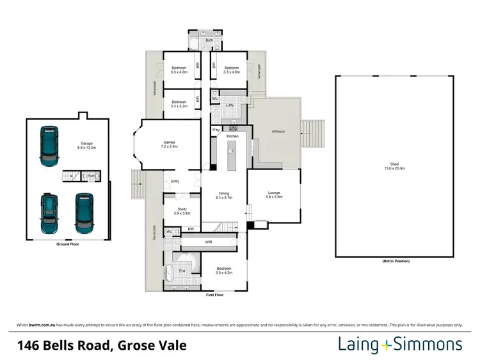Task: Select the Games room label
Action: coord(170,145)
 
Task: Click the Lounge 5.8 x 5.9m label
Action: coord(273,197)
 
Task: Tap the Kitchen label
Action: coord(232,136)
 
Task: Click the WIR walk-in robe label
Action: coord(208,242)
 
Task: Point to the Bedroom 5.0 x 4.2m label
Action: coord(223,270)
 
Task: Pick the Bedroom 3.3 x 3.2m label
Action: coord(179,104)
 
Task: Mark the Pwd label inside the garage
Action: coord(92,175)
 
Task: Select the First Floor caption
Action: coord(216,295)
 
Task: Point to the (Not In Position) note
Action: coord(396,262)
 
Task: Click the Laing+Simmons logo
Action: coord(400,345)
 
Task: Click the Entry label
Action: coord(175,181)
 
